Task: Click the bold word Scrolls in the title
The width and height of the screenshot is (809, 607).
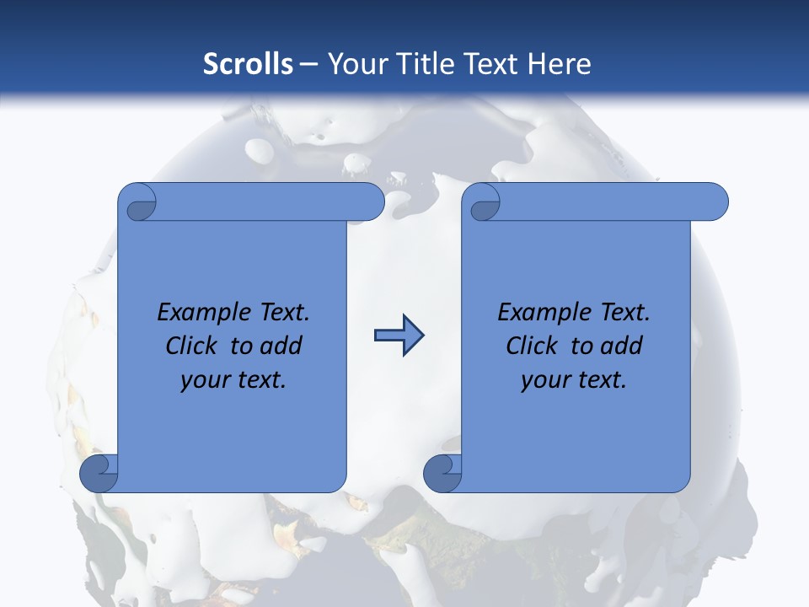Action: pos(248,64)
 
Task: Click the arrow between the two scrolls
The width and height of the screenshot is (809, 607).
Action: pos(399,336)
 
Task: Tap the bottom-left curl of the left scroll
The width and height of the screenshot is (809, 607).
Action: pos(99,473)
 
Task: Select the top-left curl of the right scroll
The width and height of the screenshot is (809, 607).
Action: pos(485,202)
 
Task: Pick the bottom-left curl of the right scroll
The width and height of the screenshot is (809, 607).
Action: pos(442,473)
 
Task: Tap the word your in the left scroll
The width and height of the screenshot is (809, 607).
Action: pos(202,380)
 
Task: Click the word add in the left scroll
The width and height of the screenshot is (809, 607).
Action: pos(281,346)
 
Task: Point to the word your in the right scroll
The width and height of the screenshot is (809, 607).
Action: pos(543,380)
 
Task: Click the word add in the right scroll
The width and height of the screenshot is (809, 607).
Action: pos(622,346)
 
